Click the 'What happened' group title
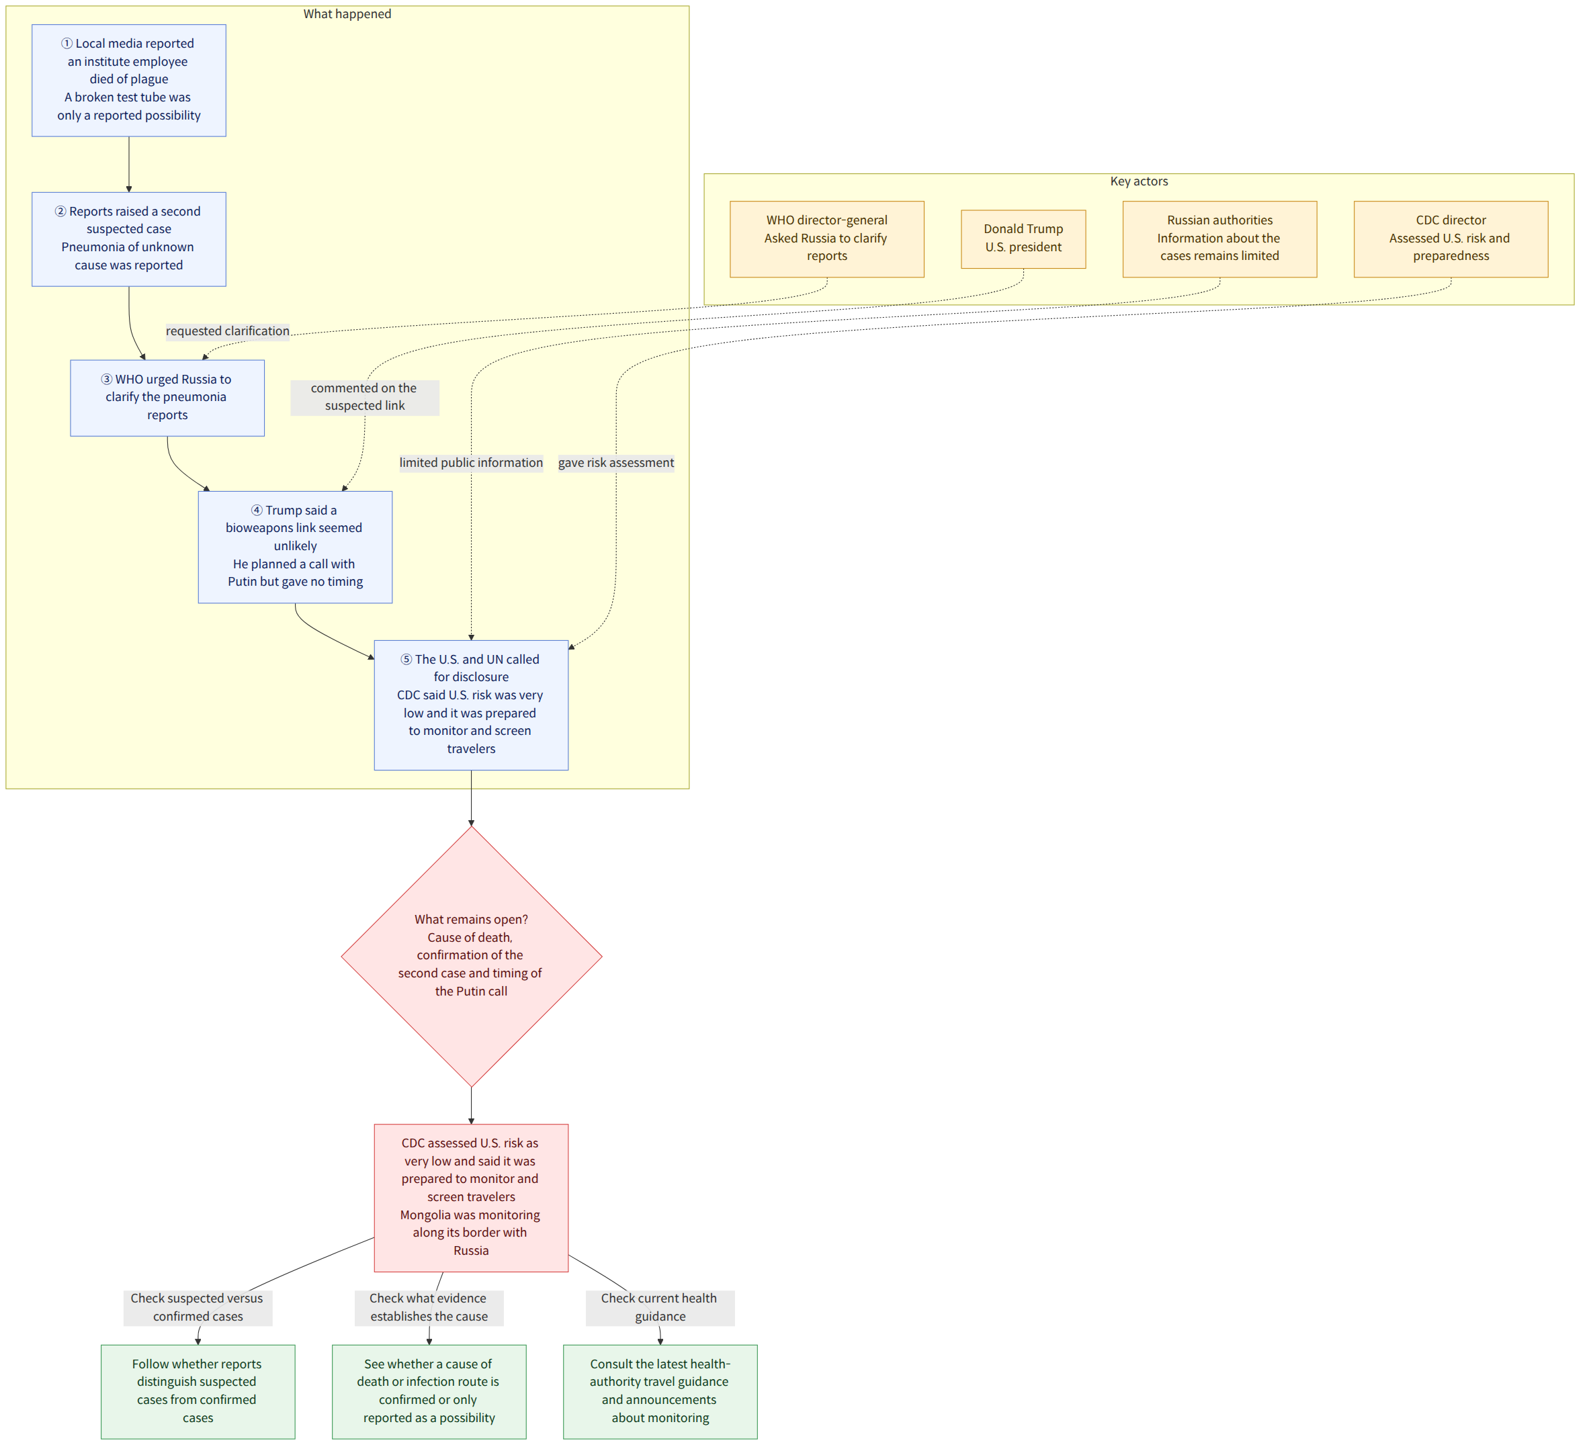[347, 14]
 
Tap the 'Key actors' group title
[1139, 181]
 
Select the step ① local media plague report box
[128, 81]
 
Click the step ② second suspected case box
[128, 239]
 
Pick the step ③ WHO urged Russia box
[167, 398]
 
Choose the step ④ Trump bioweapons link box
[295, 547]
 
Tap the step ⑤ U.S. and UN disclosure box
[471, 705]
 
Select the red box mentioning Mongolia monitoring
[471, 1197]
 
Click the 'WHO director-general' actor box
[827, 239]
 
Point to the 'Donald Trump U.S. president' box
[1023, 239]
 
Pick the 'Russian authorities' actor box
[1220, 239]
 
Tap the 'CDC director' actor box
[1451, 239]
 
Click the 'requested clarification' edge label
[227, 331]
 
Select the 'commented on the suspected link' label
[365, 397]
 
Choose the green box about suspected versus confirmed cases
[198, 1391]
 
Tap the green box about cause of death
[429, 1391]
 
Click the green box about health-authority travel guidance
[660, 1391]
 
